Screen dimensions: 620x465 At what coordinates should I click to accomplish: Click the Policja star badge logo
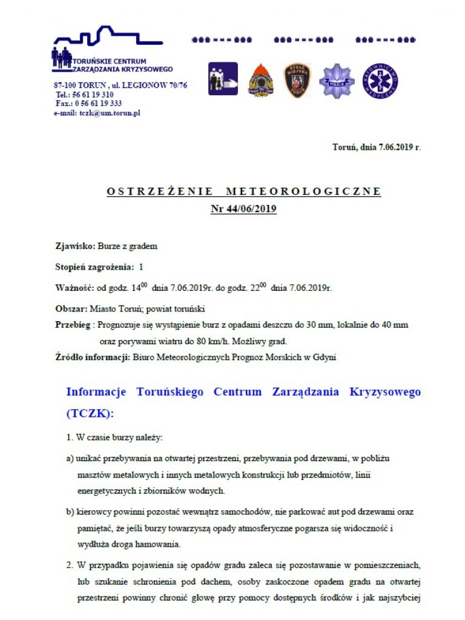[x=336, y=80]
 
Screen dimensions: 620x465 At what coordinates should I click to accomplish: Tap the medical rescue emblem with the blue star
[x=380, y=81]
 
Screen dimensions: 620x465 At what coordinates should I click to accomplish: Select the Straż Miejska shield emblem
[x=297, y=80]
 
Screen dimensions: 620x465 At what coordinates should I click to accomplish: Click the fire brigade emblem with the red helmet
[x=261, y=80]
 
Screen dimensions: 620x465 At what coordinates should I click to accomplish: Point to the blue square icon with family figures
[x=223, y=79]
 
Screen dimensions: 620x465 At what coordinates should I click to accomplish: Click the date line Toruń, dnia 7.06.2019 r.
[x=376, y=147]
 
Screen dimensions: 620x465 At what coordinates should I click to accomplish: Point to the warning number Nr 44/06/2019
[x=243, y=209]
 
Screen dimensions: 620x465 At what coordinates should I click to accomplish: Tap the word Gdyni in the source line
[x=325, y=358]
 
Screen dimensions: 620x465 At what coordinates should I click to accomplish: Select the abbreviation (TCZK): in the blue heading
[x=90, y=413]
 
